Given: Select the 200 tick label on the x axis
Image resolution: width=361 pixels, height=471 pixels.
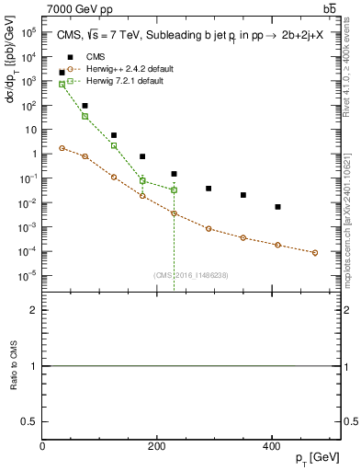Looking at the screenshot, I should click(157, 446).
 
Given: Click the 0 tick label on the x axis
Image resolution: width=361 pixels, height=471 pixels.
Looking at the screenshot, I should click(43, 446).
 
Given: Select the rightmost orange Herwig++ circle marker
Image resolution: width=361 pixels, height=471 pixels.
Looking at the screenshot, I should click(315, 253).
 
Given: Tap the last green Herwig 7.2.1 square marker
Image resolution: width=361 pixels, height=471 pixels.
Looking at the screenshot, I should click(174, 190).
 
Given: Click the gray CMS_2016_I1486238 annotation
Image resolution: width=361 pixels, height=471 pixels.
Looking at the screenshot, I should click(191, 274).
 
